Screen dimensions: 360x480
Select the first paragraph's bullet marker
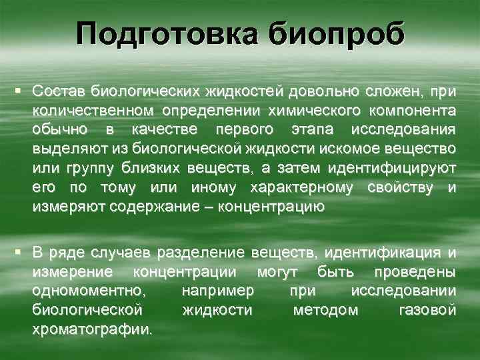pyautogui.click(x=23, y=89)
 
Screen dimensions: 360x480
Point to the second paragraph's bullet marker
pyautogui.click(x=23, y=252)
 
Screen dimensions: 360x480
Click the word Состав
pyautogui.click(x=60, y=90)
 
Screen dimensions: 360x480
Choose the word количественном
pyautogui.click(x=93, y=109)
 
